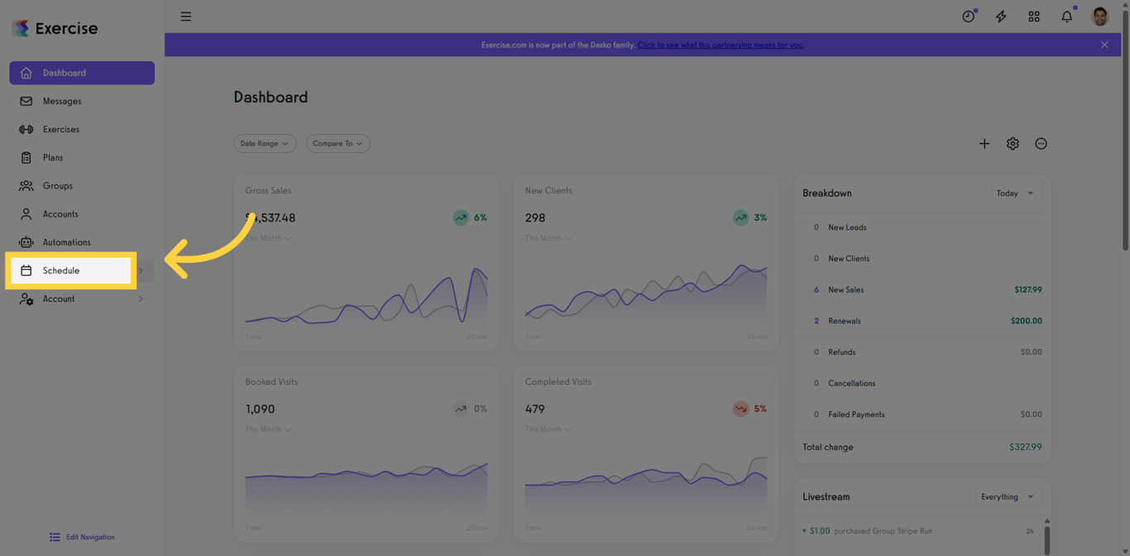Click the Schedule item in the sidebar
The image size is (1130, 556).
(x=61, y=271)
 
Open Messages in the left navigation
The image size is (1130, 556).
(x=62, y=101)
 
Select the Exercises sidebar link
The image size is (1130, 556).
(x=61, y=129)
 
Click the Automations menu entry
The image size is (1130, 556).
(x=66, y=242)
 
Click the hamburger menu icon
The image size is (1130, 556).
(x=186, y=17)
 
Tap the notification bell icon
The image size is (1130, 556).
(x=1066, y=17)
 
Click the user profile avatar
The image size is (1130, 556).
(x=1099, y=17)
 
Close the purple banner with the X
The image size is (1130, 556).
(x=1104, y=45)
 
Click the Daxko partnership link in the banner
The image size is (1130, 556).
(x=721, y=45)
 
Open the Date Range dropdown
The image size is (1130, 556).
(x=265, y=143)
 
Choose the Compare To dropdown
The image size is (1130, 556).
(x=338, y=143)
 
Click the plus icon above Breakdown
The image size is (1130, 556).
(x=984, y=144)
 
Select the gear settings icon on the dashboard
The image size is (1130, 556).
(x=1013, y=144)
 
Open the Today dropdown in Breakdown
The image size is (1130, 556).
(x=1015, y=193)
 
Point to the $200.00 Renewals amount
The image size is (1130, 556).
(x=1026, y=321)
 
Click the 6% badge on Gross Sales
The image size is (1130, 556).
(x=471, y=218)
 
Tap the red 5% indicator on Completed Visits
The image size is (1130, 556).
(x=750, y=409)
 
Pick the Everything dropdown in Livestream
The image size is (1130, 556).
(x=1007, y=496)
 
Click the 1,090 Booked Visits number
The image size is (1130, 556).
(x=260, y=409)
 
